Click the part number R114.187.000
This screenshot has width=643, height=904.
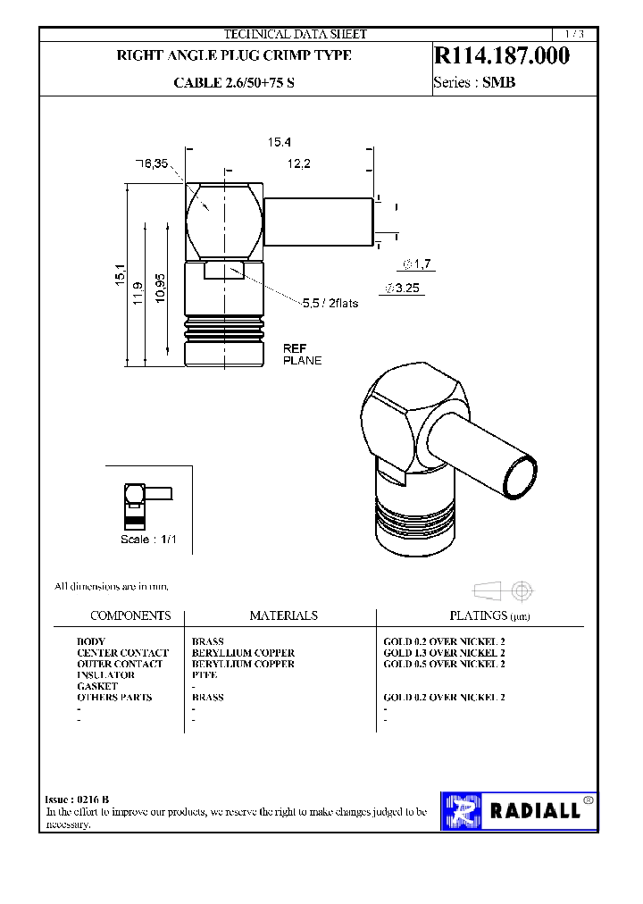[x=501, y=56]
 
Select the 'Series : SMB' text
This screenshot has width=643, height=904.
[x=474, y=83]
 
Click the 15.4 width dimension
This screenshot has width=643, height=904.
[x=280, y=142]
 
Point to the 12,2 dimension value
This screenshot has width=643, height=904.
[x=298, y=163]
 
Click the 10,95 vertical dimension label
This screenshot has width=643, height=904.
[x=160, y=289]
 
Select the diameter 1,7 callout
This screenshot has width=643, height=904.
[x=417, y=264]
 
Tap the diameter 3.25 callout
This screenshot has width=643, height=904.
[x=403, y=289]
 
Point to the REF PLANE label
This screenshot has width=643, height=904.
[x=302, y=354]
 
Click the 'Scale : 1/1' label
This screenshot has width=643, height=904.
[x=150, y=540]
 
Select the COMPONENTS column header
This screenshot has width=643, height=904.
[x=130, y=615]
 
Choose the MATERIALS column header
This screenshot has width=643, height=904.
[x=283, y=615]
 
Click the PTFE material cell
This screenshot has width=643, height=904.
[x=205, y=675]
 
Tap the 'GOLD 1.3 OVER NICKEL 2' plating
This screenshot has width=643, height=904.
[x=444, y=653]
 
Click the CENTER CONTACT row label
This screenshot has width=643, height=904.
[x=122, y=653]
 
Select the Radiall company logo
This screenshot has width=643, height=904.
[x=518, y=810]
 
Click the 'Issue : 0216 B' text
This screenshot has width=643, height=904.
[x=77, y=799]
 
